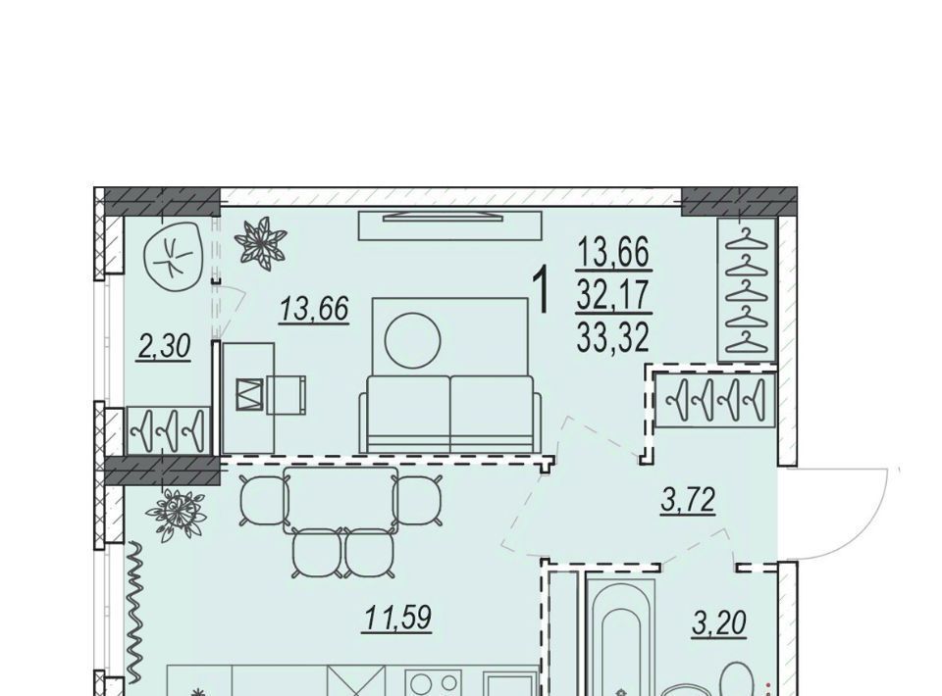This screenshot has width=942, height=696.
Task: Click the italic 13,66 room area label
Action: (x=314, y=310)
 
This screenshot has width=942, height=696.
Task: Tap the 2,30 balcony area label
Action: (x=164, y=347)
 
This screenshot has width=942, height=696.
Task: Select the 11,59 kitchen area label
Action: (x=397, y=618)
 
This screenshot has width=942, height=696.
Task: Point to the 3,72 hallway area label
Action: (x=688, y=500)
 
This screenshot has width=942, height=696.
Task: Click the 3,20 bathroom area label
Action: (x=719, y=622)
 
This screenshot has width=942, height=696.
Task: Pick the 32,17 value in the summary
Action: (x=613, y=295)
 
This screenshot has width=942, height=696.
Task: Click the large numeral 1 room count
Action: (x=542, y=291)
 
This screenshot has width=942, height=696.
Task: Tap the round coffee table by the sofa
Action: (x=413, y=341)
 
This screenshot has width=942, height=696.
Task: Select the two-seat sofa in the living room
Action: (x=450, y=414)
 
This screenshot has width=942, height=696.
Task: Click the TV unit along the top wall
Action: (x=450, y=225)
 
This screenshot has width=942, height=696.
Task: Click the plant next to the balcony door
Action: (x=260, y=241)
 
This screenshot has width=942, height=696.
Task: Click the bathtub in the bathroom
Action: (x=620, y=636)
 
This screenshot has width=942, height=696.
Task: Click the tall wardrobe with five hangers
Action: (x=748, y=290)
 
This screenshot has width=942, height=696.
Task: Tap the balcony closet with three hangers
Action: (x=169, y=429)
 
